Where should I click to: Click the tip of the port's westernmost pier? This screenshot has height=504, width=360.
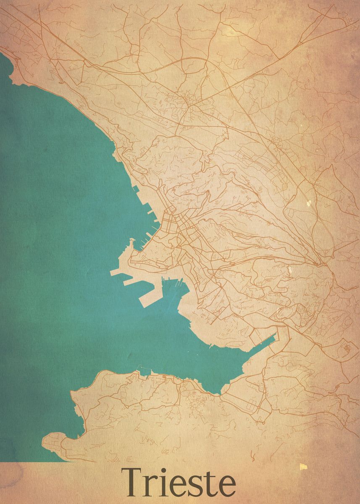click(x=111, y=273)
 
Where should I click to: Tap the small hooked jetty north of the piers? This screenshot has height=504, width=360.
click(x=132, y=241)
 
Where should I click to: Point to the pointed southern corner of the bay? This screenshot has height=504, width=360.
click(x=217, y=393)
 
